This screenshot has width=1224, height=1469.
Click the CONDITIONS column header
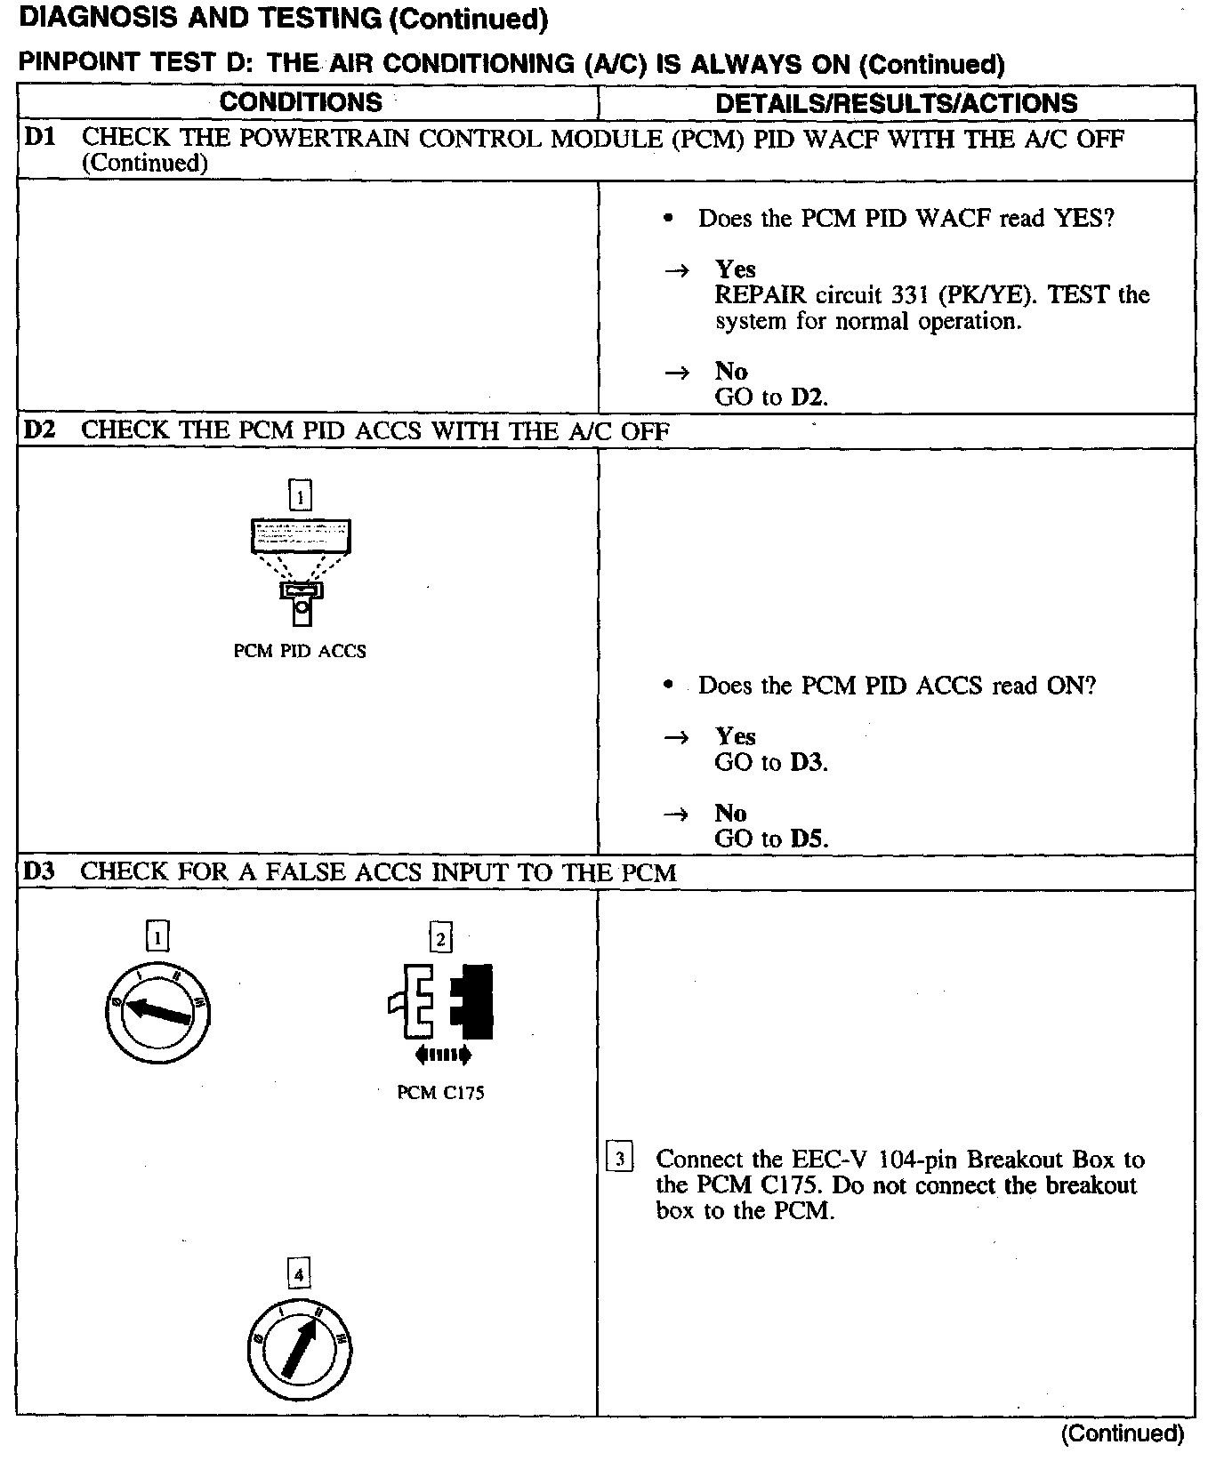point(301,102)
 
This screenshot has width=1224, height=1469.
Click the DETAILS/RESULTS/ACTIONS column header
point(896,103)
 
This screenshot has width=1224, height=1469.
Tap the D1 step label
point(39,138)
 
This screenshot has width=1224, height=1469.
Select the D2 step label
point(39,430)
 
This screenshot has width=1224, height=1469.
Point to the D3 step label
point(39,871)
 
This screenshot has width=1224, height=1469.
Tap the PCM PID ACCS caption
point(300,651)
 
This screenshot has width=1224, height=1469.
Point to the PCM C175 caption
point(440,1093)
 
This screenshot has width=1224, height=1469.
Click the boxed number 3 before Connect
point(619,1159)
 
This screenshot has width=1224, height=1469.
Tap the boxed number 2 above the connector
point(440,937)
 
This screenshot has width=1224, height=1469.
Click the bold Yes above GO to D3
point(736,736)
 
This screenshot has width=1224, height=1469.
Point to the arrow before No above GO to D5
point(677,814)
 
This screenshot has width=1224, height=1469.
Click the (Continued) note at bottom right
point(1122,1433)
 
